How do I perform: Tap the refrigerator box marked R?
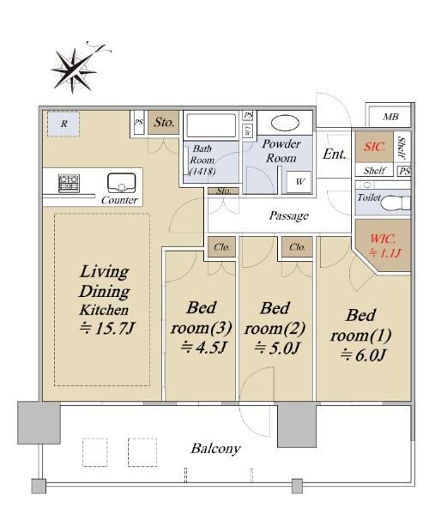(63, 124)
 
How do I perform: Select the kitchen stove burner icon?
(69, 184)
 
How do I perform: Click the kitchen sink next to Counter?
(122, 183)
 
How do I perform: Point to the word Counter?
(119, 200)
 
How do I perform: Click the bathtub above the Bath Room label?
(211, 125)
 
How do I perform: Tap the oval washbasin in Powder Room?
(285, 123)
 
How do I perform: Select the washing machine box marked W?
(299, 182)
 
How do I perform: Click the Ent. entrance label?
(335, 154)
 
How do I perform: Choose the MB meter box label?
(390, 117)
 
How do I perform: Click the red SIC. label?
(374, 147)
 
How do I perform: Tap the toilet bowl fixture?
(396, 203)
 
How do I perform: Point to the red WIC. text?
(383, 239)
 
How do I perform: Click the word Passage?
(288, 215)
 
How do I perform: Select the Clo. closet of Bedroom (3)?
(222, 246)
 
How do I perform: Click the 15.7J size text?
(107, 328)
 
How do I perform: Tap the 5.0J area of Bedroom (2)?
(277, 348)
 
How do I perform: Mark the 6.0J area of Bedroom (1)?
(362, 355)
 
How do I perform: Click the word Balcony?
(215, 449)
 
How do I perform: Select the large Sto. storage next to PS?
(164, 123)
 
